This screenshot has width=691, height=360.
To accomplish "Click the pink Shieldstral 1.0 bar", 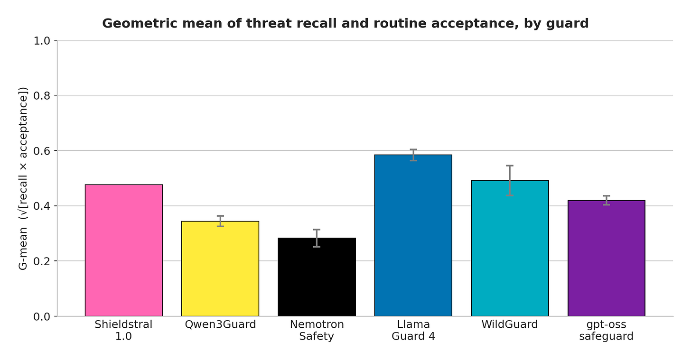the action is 124,250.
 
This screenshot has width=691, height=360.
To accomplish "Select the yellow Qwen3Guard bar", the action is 220,268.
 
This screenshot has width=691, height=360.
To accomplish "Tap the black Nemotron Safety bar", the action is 317,277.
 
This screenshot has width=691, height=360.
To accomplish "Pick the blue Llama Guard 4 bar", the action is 413,235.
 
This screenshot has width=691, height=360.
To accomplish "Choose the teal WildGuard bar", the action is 510,248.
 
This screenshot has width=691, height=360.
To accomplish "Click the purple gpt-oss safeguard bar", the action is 607,258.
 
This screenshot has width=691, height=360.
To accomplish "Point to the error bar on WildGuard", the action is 510,181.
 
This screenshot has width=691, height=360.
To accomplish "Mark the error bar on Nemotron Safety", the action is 317,238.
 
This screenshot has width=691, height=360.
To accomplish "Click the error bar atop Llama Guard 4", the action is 413,155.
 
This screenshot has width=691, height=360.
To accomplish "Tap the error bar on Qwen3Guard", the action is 220,222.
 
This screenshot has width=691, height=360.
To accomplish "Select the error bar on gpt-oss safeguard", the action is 607,200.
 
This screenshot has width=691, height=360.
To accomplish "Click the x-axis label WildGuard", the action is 510,324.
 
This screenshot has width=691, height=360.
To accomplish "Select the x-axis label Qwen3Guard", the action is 220,324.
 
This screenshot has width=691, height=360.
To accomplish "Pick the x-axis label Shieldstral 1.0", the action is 124,330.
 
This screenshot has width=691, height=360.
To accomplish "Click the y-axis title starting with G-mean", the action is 23,178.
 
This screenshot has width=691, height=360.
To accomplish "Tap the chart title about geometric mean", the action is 345,23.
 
